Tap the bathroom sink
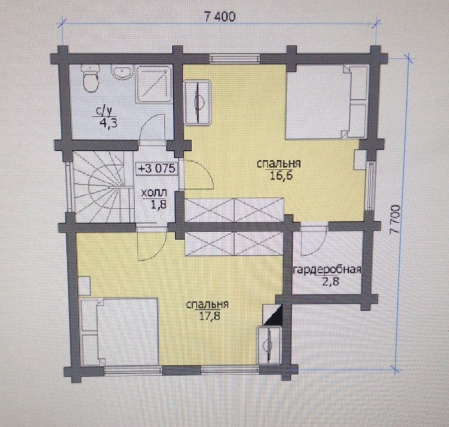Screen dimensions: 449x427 pos(122,72)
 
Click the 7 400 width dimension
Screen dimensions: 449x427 pos(220,17)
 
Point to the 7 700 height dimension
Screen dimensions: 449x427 pos(395,219)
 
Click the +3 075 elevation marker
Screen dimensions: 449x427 pos(157,169)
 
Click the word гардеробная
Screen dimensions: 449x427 pos(327,270)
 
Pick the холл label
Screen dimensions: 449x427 pos(154,193)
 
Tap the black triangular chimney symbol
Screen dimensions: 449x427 pos(273,314)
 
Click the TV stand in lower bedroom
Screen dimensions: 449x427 pos(269,345)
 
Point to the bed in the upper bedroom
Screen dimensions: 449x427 pos(327,102)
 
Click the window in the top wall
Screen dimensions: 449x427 pos(235,59)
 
